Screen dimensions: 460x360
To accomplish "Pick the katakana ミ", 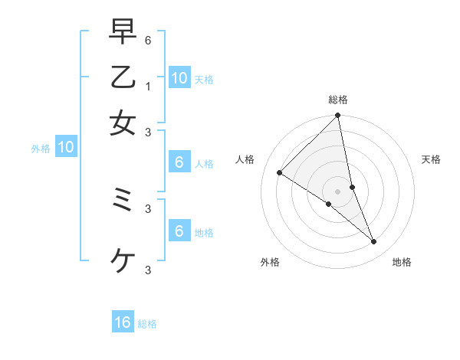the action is coord(123,200).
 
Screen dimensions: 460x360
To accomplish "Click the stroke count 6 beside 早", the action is coord(149,39).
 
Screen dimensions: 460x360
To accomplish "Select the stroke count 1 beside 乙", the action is coord(149,86).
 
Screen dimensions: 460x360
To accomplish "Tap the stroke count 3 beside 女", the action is coord(149,132).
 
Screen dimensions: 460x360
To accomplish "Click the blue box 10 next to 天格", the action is coord(179,77).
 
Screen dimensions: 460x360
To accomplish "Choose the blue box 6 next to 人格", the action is coord(179,162).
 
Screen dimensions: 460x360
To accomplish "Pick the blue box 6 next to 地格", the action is coord(179,231).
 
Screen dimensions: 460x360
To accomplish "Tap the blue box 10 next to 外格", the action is coord(66,148).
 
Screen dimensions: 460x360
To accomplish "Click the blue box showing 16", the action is coord(123,322).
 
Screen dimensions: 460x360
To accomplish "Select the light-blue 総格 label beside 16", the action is coord(147,324).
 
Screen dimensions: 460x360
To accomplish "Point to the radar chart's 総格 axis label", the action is coord(338,100).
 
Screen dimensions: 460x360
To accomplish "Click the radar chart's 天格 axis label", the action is coord(432,159).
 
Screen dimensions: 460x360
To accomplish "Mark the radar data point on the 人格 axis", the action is coord(280,173).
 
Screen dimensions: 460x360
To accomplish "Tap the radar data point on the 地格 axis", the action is coord(374,241).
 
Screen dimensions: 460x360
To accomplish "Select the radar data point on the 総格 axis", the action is coord(338,116).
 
